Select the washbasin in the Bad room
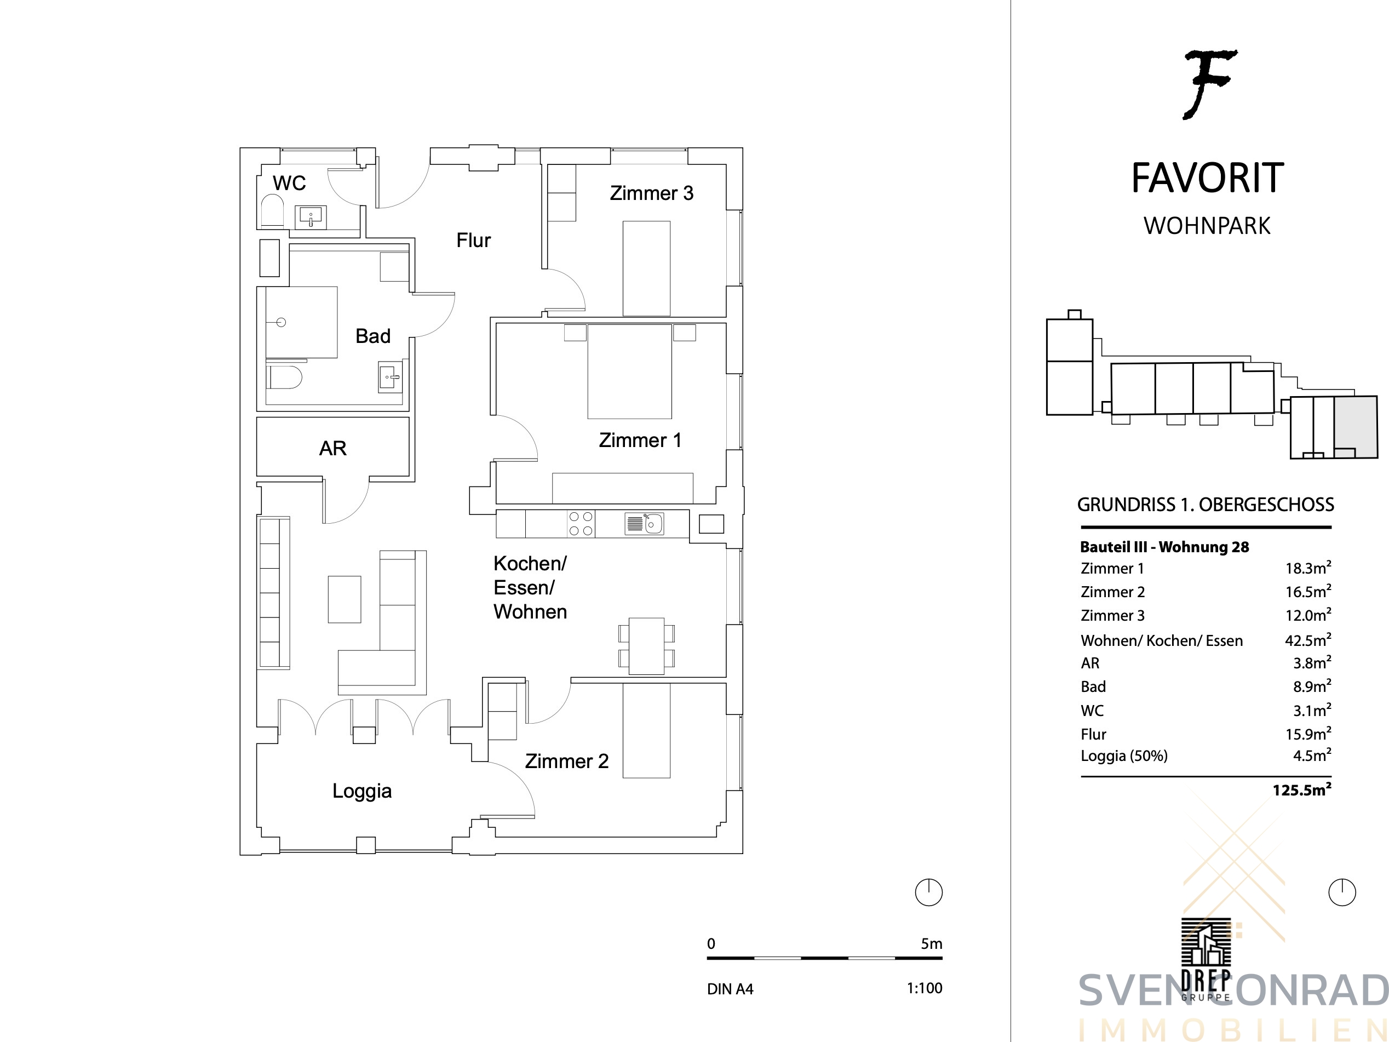pyautogui.click(x=389, y=377)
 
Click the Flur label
pyautogui.click(x=473, y=240)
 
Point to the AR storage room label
pyautogui.click(x=333, y=449)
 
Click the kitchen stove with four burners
pyautogui.click(x=581, y=524)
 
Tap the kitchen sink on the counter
pyautogui.click(x=644, y=524)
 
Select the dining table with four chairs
pyautogui.click(x=647, y=646)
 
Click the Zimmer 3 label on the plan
pyautogui.click(x=652, y=193)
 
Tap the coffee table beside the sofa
pyautogui.click(x=345, y=599)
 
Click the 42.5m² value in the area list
pyautogui.click(x=1308, y=640)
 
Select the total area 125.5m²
pyautogui.click(x=1302, y=789)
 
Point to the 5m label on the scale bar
pyautogui.click(x=931, y=943)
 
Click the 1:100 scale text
pyautogui.click(x=925, y=988)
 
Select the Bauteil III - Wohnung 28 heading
pyautogui.click(x=1165, y=547)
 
